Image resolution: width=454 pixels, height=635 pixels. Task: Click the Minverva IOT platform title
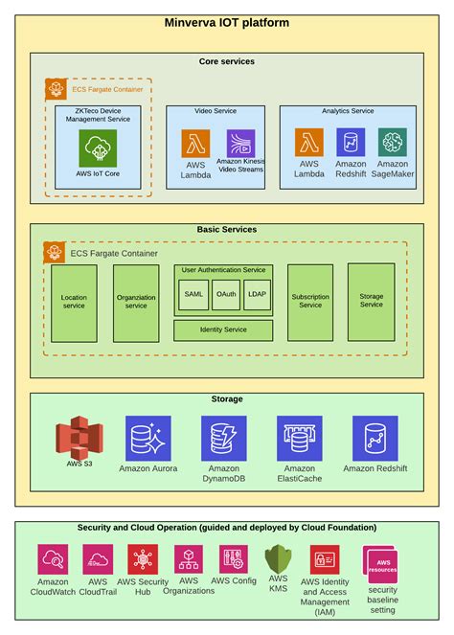[227, 22]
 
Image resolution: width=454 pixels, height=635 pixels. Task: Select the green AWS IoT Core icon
[99, 149]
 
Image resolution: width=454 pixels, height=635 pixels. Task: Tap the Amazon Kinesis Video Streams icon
[241, 144]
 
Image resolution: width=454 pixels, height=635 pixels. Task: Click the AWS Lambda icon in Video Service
[195, 144]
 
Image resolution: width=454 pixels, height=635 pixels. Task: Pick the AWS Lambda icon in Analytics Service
[308, 143]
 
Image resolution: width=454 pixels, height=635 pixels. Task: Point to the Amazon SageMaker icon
[392, 143]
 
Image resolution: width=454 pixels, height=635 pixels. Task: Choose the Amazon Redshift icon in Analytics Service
[351, 143]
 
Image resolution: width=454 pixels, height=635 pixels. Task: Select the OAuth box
[226, 294]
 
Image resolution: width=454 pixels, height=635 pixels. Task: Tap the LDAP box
[257, 294]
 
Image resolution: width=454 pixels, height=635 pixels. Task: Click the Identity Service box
[223, 329]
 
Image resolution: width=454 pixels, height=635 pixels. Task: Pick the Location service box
[74, 303]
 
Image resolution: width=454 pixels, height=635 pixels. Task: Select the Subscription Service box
[310, 303]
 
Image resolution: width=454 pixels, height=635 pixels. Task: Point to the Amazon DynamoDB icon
[224, 439]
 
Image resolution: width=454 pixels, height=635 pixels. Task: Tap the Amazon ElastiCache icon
[300, 439]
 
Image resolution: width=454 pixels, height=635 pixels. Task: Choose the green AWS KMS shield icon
[278, 558]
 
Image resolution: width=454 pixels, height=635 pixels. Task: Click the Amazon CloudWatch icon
[53, 559]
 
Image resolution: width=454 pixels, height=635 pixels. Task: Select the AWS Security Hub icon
[143, 559]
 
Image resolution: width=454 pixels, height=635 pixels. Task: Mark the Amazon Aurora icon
[148, 439]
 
